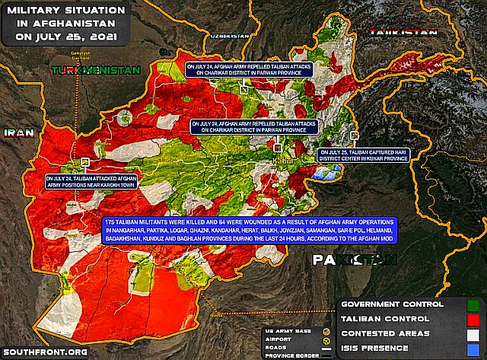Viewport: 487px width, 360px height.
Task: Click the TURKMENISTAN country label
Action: [x=96, y=70]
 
